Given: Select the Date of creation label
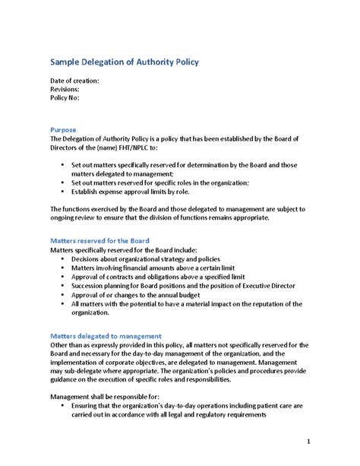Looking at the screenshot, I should click(x=74, y=80).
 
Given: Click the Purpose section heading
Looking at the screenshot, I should click(x=63, y=130).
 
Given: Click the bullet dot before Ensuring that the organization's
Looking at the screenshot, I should click(x=62, y=407).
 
